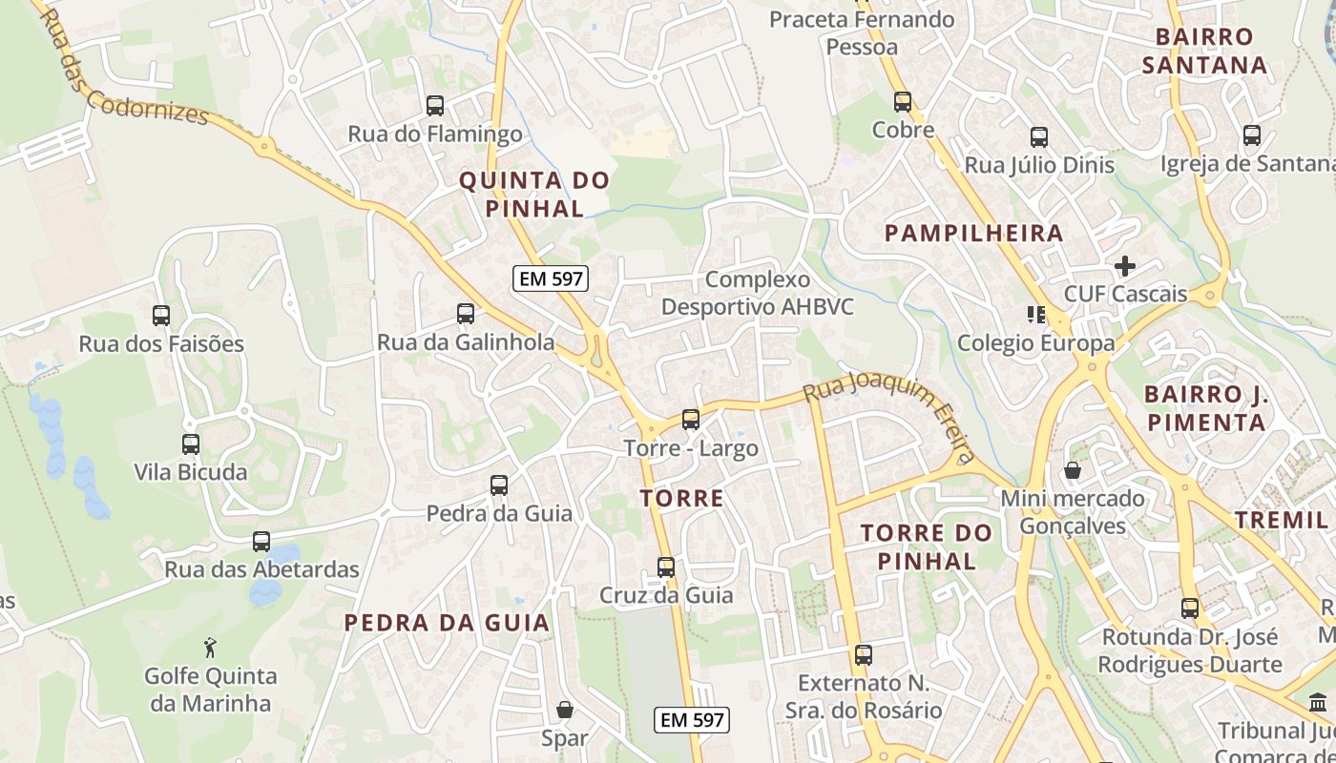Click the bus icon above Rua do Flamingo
coord(435,106)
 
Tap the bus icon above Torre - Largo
coord(690,420)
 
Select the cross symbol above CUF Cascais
coord(1125,266)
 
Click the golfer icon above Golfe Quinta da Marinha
coord(210,649)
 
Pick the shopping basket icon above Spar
coord(565,710)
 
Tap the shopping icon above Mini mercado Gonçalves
coord(1073,470)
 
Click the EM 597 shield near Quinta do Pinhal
coord(551,278)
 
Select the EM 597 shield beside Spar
coord(693,720)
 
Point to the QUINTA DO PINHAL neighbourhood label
coord(534,194)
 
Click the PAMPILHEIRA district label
coord(973,233)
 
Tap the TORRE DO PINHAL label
coord(927,546)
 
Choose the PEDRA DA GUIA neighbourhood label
coord(447,623)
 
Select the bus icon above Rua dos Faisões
coord(161,316)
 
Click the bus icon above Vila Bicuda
coord(191,444)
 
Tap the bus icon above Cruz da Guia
coord(666,567)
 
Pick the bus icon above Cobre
coord(903,102)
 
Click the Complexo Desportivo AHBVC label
coord(758,293)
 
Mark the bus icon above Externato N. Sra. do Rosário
coord(864,655)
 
